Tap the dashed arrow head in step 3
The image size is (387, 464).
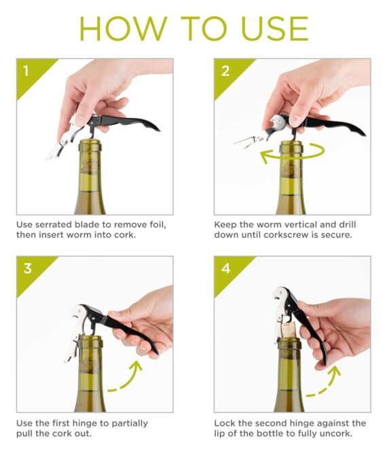click(x=136, y=366)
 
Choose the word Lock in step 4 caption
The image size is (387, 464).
click(x=225, y=423)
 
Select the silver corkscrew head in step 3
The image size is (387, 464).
click(x=79, y=313)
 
